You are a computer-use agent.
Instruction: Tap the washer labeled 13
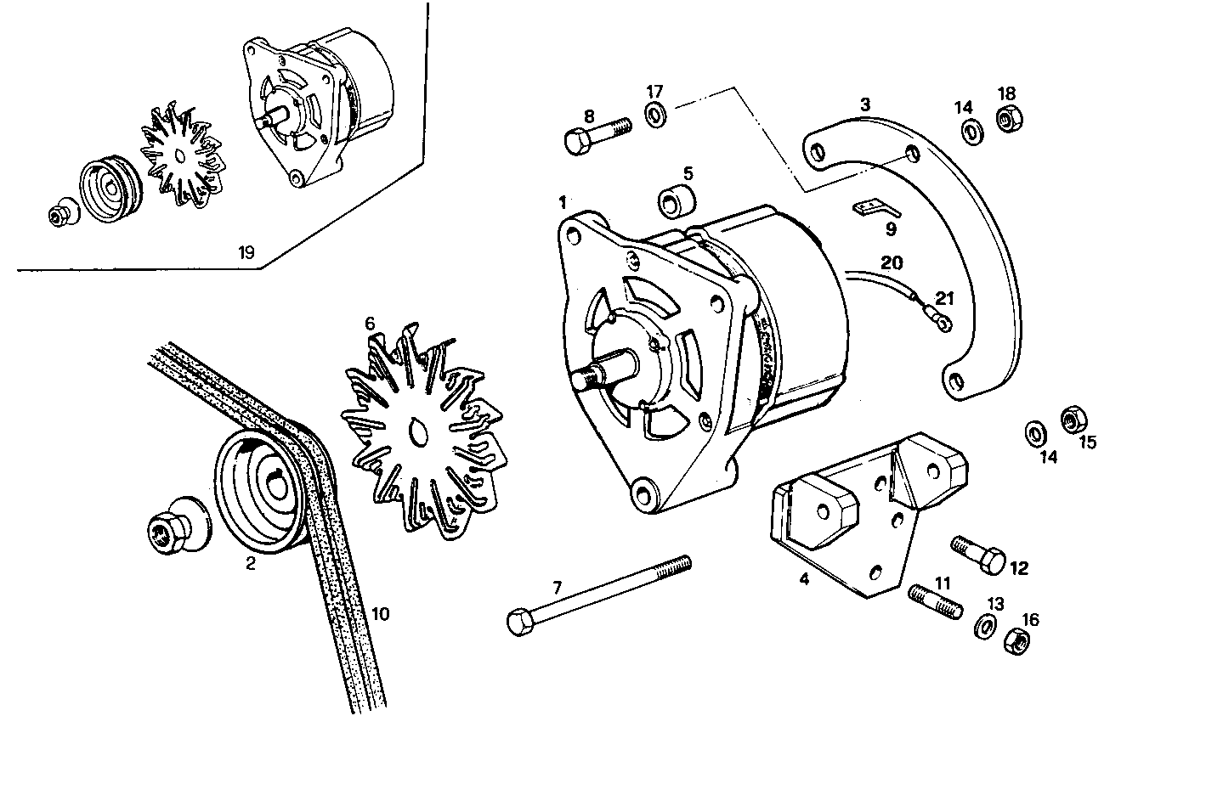click(x=985, y=627)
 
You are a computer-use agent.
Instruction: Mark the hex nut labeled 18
click(x=1006, y=120)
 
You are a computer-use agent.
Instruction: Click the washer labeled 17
click(x=656, y=115)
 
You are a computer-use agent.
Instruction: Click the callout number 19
click(x=246, y=252)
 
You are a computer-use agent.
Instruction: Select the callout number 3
click(x=864, y=105)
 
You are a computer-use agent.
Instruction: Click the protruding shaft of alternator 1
click(x=600, y=375)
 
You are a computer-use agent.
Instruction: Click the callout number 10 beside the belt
click(x=380, y=613)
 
